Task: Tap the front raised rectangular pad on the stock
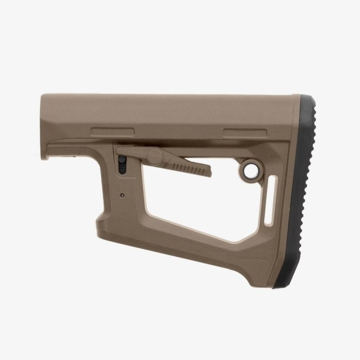(112, 131)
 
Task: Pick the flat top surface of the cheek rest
(173, 97)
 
